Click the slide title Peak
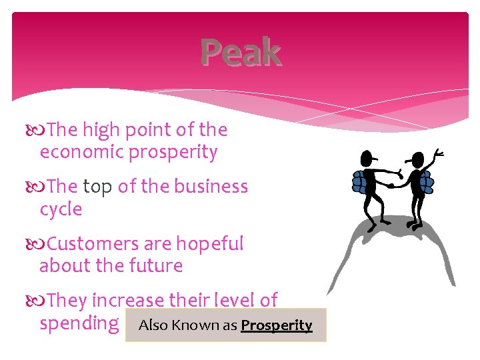(241, 53)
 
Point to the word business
(211, 187)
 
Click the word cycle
(61, 209)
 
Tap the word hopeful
(210, 244)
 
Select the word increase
(129, 301)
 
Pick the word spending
(79, 324)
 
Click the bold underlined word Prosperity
(276, 325)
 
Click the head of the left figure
(367, 159)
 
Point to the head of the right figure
(418, 160)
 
